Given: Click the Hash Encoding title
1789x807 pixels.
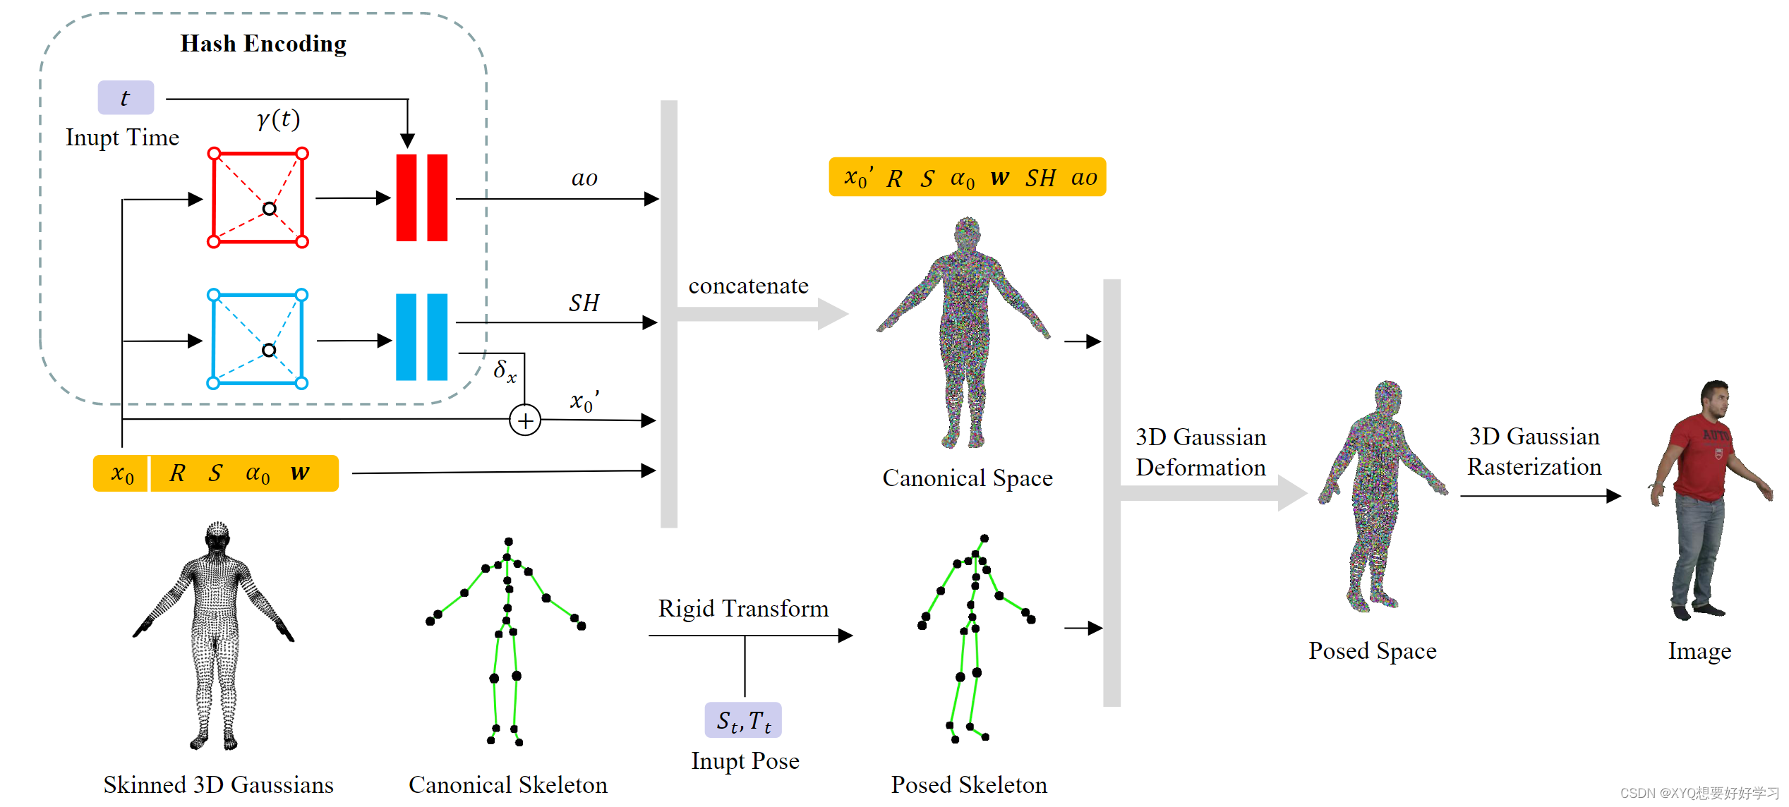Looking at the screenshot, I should click(x=263, y=44).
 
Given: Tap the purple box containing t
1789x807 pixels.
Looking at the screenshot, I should click(x=126, y=97).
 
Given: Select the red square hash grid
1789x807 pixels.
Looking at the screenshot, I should click(x=258, y=198).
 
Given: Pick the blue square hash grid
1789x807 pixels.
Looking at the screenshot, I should click(x=258, y=339).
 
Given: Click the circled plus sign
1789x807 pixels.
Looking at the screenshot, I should click(x=525, y=420).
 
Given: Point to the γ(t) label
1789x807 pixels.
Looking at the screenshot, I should click(x=279, y=119).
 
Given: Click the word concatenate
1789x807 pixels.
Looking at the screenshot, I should click(x=748, y=286).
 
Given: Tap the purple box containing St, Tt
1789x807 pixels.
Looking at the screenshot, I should click(x=743, y=720).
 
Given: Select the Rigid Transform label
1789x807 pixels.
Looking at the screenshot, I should click(x=743, y=608).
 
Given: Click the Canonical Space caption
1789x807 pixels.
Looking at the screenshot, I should click(x=967, y=478).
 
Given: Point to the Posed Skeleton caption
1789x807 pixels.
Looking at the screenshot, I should click(x=969, y=784).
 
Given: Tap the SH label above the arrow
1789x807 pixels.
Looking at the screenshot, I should click(x=584, y=303).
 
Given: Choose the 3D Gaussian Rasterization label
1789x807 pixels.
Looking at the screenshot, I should click(x=1534, y=451).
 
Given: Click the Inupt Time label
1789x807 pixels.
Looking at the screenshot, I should click(x=122, y=137).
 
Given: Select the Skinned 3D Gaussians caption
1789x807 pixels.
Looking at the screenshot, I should click(x=218, y=784).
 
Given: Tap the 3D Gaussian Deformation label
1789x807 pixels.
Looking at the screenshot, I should click(x=1200, y=452).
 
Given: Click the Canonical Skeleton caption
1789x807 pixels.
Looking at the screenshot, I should click(x=507, y=784).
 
